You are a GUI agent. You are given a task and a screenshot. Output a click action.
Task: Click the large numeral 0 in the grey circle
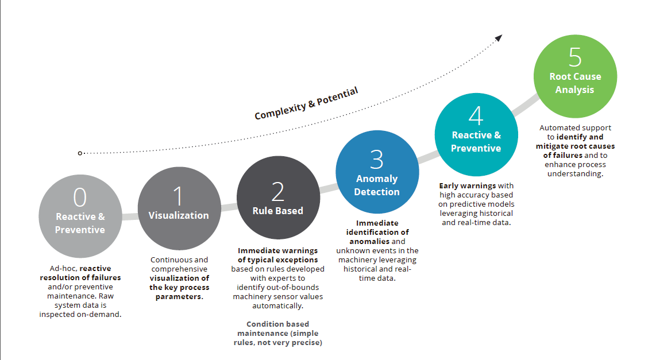[x=80, y=197]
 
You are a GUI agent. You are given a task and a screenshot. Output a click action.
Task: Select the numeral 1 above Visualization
[x=178, y=196]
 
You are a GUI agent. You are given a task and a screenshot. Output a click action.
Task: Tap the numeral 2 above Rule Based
[x=277, y=191]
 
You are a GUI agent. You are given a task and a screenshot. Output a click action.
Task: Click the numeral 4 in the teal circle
[x=476, y=115]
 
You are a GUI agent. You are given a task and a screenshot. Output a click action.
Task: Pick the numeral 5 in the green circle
[x=575, y=57]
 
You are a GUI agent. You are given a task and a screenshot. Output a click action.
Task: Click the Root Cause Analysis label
[x=575, y=83]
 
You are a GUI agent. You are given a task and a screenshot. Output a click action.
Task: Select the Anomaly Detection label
[x=376, y=185]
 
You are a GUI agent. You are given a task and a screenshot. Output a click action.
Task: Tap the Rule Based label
[x=277, y=211]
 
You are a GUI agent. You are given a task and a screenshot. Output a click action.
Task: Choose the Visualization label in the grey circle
[x=179, y=216]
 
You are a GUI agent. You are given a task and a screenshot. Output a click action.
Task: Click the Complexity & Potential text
[x=306, y=103]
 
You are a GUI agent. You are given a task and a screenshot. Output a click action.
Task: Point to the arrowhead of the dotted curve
[x=499, y=38]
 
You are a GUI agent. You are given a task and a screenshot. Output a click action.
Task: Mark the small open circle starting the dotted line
[x=80, y=153]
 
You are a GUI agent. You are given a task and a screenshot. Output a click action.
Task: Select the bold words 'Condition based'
[x=277, y=324]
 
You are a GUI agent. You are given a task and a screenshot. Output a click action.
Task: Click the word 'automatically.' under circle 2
[x=277, y=306]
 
